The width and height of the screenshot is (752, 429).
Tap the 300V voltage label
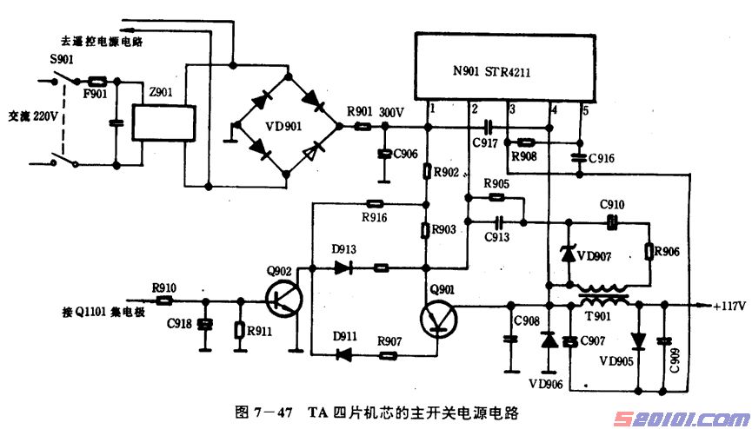392,112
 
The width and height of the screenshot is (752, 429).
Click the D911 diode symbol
344,354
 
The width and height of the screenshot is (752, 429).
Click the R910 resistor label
163,287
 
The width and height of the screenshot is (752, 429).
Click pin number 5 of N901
585,110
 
